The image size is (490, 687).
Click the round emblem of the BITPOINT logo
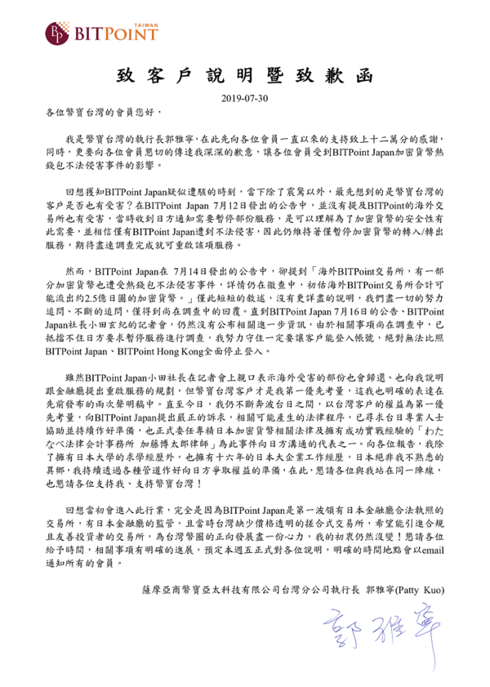coord(56,33)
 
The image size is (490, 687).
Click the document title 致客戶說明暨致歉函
coord(244,76)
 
